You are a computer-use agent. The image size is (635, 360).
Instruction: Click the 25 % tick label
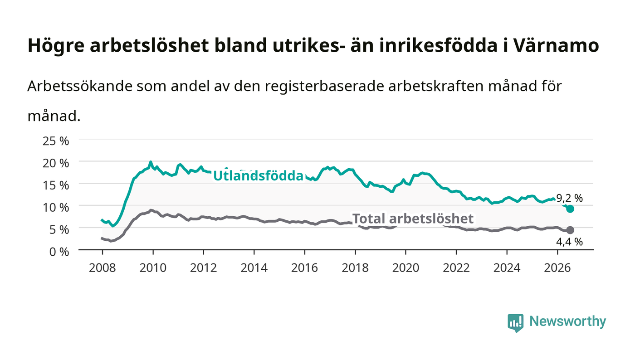pyautogui.click(x=56, y=141)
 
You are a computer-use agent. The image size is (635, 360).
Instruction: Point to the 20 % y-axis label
pyautogui.click(x=56, y=163)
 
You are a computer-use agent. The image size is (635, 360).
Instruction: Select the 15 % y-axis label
pyautogui.click(x=56, y=185)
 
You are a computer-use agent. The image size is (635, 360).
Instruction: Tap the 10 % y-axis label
pyautogui.click(x=56, y=208)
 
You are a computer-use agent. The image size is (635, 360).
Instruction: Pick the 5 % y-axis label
pyautogui.click(x=59, y=229)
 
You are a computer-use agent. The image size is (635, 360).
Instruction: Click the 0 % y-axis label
pyautogui.click(x=59, y=252)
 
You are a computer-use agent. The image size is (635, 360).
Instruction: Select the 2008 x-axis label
pyautogui.click(x=103, y=268)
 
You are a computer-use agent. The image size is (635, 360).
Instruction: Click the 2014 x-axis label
pyautogui.click(x=254, y=268)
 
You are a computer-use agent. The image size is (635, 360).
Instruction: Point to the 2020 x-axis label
pyautogui.click(x=405, y=268)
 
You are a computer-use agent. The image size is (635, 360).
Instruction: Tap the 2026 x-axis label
pyautogui.click(x=557, y=268)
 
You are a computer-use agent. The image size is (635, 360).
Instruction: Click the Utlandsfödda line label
pyautogui.click(x=258, y=176)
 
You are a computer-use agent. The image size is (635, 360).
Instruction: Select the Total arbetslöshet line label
pyautogui.click(x=413, y=219)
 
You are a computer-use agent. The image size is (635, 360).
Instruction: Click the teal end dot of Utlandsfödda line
pyautogui.click(x=570, y=209)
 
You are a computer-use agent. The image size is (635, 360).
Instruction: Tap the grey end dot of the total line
pyautogui.click(x=570, y=230)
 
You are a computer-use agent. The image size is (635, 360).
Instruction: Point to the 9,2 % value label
pyautogui.click(x=570, y=198)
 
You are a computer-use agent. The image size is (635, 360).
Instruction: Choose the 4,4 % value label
pyautogui.click(x=570, y=242)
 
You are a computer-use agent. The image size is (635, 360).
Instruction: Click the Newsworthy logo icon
pyautogui.click(x=515, y=322)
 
